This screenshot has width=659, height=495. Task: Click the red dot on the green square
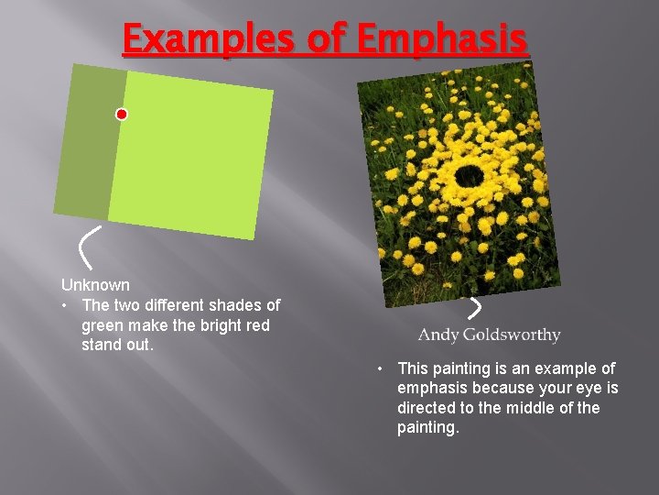point(122,115)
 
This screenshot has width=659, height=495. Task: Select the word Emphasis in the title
point(442,40)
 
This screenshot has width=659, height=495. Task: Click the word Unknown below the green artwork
point(95,285)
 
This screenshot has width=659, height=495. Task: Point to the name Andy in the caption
point(438,335)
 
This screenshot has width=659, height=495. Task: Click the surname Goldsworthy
point(511,335)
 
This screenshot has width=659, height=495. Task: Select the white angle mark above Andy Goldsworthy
point(475,307)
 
